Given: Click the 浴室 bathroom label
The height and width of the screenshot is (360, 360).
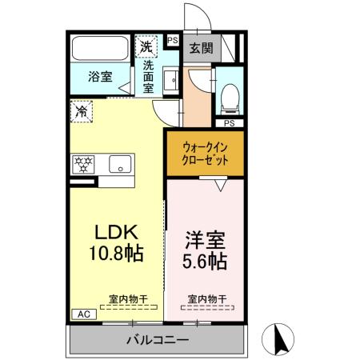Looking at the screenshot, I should (100, 78).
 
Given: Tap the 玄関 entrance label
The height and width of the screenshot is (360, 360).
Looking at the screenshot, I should (200, 47).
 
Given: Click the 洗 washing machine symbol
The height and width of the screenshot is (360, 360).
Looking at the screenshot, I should (146, 46).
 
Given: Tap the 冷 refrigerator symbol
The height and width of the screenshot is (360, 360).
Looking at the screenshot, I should (82, 112).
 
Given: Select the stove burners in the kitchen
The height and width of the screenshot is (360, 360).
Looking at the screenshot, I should (83, 164).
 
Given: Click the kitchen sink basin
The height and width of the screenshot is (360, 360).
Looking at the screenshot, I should (121, 164).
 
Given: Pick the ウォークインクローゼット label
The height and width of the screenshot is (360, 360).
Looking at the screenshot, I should (206, 154).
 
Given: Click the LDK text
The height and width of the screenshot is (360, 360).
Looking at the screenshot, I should (118, 233).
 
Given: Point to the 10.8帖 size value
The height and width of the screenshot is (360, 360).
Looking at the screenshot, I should (118, 255).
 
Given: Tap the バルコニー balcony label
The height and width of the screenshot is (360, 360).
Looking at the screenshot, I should (157, 340).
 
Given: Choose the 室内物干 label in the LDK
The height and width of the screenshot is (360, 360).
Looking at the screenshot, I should (128, 299).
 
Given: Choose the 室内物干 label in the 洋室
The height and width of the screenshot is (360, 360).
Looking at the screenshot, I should (207, 299).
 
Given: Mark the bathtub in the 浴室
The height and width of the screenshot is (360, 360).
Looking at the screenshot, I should (100, 49).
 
